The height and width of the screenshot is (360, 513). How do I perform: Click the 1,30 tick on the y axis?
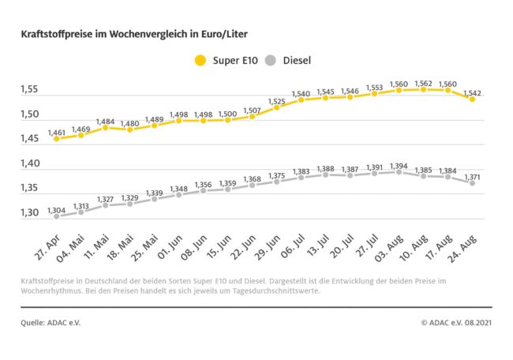pyautogui.click(x=31, y=213)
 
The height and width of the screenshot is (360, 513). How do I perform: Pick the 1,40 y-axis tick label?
pyautogui.click(x=31, y=164)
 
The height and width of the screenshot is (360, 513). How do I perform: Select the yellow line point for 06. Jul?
pyautogui.click(x=301, y=100)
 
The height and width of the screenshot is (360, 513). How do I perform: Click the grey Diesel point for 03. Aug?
pyautogui.click(x=399, y=171)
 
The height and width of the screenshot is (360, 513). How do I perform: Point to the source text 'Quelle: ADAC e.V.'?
pyautogui.click(x=51, y=322)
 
